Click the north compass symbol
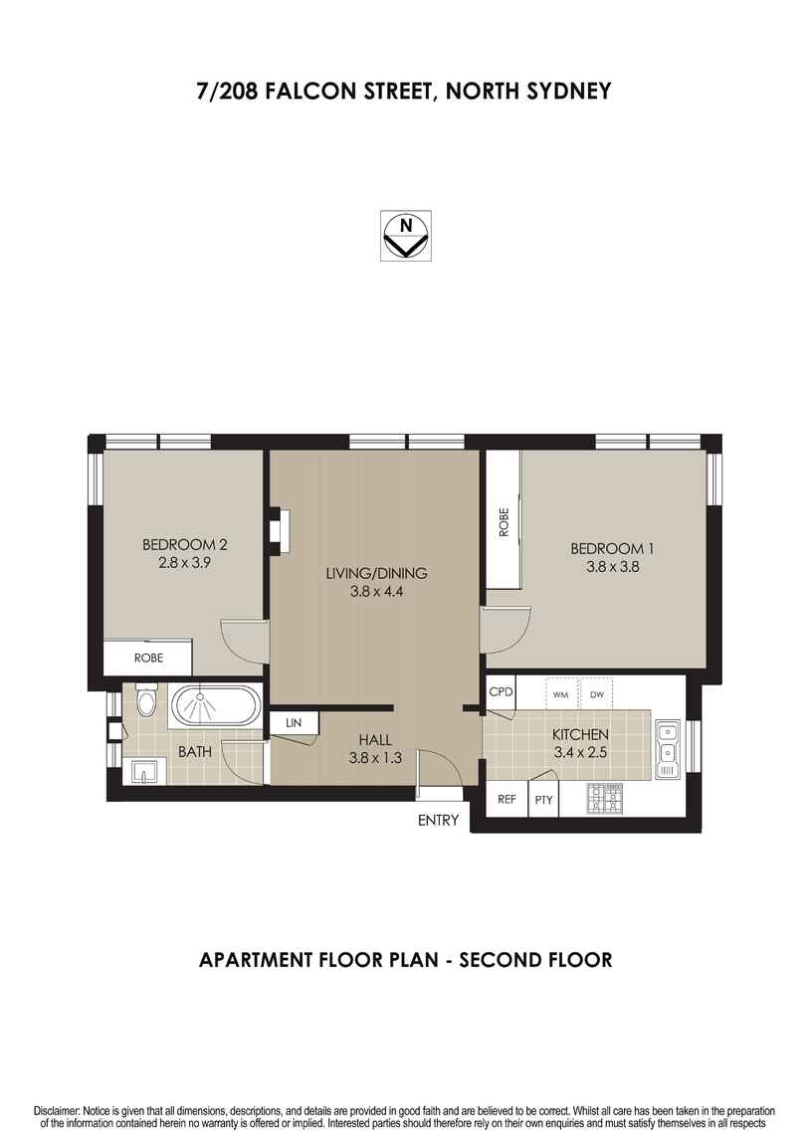[405, 236]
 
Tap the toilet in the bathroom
[146, 702]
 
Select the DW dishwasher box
[596, 694]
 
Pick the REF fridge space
[506, 799]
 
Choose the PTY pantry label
[543, 799]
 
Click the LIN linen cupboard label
[293, 722]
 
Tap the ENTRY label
[439, 821]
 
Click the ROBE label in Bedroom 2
[149, 659]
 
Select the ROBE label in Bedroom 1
[504, 522]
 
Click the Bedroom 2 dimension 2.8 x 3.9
[184, 561]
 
